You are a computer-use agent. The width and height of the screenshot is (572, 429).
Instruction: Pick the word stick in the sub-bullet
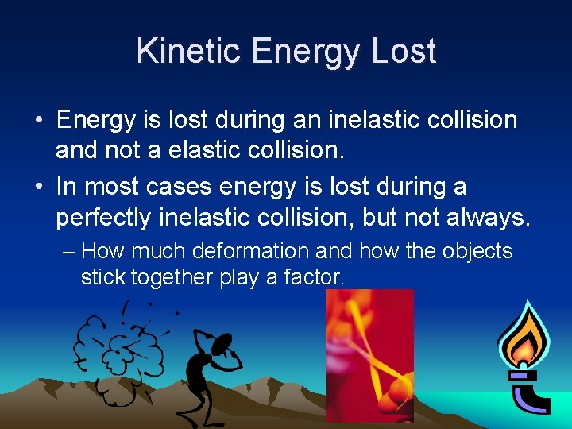(x=103, y=277)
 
